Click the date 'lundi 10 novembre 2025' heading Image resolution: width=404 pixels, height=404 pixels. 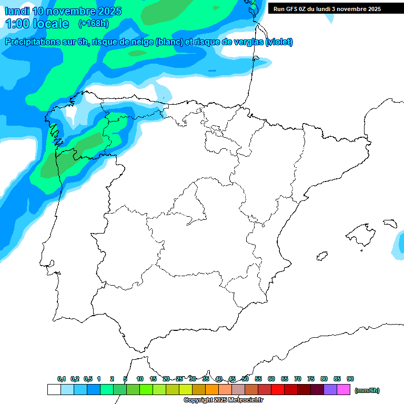pyautogui.click(x=63, y=11)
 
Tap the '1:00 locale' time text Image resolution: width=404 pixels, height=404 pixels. pyautogui.click(x=37, y=24)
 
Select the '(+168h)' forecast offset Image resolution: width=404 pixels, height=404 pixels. pyautogui.click(x=93, y=24)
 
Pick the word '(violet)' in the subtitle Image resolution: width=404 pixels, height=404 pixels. pyautogui.click(x=279, y=42)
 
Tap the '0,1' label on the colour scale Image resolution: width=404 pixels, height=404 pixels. pyautogui.click(x=62, y=379)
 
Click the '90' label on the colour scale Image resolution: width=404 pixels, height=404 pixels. pyautogui.click(x=350, y=379)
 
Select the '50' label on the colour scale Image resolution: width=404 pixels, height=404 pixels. pyautogui.click(x=245, y=379)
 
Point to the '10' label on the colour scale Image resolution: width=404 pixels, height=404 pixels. pyautogui.click(x=140, y=379)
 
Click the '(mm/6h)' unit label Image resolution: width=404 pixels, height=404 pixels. pyautogui.click(x=367, y=390)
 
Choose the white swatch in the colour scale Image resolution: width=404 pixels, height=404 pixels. pyautogui.click(x=54, y=389)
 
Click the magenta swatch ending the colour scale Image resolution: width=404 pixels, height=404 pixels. pyautogui.click(x=344, y=389)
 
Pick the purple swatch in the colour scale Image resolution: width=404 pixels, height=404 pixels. pyautogui.click(x=330, y=389)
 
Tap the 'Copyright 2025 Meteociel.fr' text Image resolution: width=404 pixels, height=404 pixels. pyautogui.click(x=223, y=400)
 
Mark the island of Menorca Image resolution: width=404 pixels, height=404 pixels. pyautogui.click(x=390, y=223)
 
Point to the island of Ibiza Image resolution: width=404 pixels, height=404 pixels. pyautogui.click(x=321, y=256)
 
